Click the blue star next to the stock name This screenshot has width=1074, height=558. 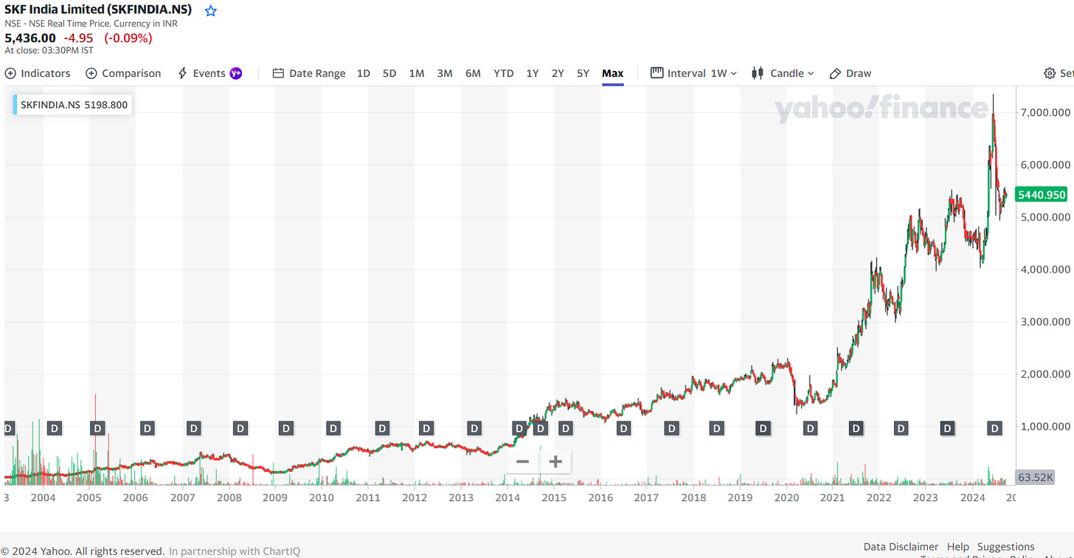point(211,10)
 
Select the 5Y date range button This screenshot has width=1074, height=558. point(583,73)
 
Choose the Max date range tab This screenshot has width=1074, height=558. point(612,73)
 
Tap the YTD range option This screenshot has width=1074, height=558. point(503,73)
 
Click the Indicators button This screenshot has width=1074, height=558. point(38,73)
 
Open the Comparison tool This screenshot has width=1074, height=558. point(123,73)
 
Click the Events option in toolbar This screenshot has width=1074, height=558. point(209,73)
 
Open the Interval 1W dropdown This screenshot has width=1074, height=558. point(693,73)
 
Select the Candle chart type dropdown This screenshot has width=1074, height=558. point(783,73)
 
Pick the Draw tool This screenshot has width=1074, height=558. point(850,73)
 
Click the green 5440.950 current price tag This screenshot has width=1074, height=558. point(1041,195)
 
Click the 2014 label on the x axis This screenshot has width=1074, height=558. point(507,497)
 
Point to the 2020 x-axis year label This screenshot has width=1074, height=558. point(786,497)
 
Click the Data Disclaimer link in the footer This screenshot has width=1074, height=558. point(901,547)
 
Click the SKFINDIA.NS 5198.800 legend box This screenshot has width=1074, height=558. point(73,105)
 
